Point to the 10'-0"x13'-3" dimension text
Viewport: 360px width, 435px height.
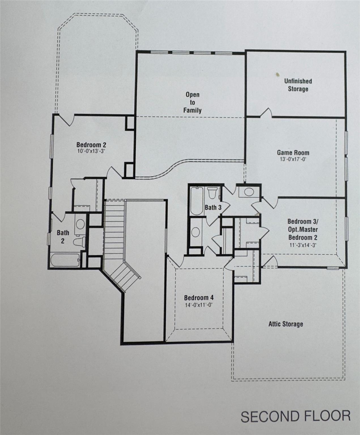89,151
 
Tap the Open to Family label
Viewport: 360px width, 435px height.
192,102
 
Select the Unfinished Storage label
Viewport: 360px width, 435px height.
298,85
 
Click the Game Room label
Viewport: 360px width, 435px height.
293,153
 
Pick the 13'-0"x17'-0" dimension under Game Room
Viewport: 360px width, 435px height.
293,159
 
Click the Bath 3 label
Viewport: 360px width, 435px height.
213,207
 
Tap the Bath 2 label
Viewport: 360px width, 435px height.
63,236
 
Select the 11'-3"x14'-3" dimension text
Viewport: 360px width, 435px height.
302,245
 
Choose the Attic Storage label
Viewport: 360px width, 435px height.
286,324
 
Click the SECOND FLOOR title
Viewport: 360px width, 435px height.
295,416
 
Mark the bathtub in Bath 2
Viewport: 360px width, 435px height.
65,260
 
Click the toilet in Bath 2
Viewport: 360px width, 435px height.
79,242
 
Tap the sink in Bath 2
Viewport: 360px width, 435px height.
80,224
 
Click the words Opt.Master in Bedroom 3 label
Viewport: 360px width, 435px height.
303,229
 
